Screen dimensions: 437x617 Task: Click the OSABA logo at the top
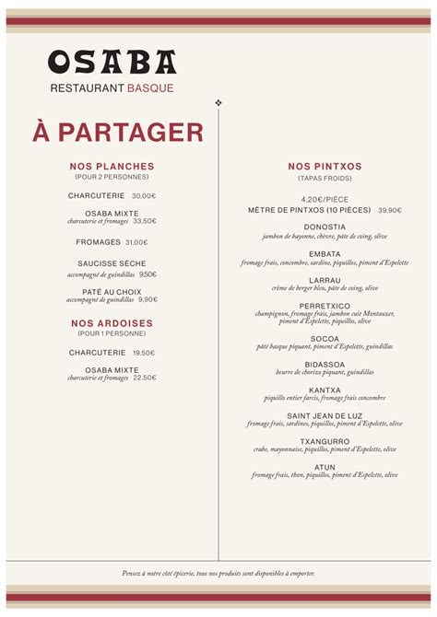pyautogui.click(x=112, y=62)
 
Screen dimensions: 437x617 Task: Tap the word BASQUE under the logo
pyautogui.click(x=150, y=88)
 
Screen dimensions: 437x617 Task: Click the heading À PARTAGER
pyautogui.click(x=118, y=132)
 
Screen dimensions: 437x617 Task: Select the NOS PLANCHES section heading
pyautogui.click(x=112, y=167)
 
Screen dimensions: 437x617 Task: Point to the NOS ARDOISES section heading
pyautogui.click(x=112, y=323)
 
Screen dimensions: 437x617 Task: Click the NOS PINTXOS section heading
pyautogui.click(x=325, y=167)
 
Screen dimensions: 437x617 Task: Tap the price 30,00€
pyautogui.click(x=144, y=196)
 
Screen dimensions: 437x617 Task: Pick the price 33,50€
pyautogui.click(x=145, y=221)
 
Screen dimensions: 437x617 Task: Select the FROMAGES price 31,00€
pyautogui.click(x=136, y=242)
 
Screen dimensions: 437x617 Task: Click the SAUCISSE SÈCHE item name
pyautogui.click(x=112, y=263)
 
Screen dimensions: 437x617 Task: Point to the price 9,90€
pyautogui.click(x=148, y=299)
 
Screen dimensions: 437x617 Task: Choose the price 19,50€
pyautogui.click(x=144, y=353)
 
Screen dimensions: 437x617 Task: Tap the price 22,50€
pyautogui.click(x=145, y=378)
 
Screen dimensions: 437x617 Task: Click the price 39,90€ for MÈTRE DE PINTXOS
pyautogui.click(x=389, y=210)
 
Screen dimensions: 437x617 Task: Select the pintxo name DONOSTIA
pyautogui.click(x=325, y=227)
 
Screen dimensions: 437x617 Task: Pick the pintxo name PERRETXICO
pyautogui.click(x=325, y=306)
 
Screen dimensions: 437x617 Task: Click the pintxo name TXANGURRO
pyautogui.click(x=325, y=441)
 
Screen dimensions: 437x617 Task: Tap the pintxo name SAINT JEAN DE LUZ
pyautogui.click(x=325, y=415)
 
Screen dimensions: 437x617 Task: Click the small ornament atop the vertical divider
pyautogui.click(x=218, y=102)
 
